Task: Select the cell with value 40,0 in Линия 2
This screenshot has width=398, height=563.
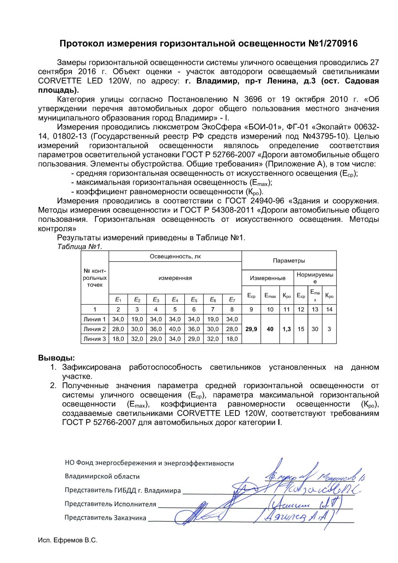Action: pos(175,329)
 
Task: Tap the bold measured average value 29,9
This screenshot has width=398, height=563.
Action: pos(251,329)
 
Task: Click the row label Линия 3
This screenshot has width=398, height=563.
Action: pos(94,339)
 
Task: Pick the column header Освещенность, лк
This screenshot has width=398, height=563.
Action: pos(175,257)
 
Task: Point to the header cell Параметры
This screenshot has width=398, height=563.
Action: pos(289,261)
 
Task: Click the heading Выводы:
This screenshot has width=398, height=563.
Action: pos(56,358)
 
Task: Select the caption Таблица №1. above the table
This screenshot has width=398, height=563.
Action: pos(80,247)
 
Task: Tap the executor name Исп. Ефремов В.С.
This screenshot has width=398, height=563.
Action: pos(68,540)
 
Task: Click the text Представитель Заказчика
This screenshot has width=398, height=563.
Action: pos(105,518)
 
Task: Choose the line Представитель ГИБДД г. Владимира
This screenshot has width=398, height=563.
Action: pos(122,490)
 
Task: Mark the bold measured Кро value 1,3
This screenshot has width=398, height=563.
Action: pos(286,329)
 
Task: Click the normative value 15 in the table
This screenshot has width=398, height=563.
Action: pos(301,329)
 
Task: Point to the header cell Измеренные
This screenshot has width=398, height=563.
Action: pos(267,278)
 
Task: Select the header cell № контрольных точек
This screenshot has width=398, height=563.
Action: pos(95,278)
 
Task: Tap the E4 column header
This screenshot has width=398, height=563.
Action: pos(175,299)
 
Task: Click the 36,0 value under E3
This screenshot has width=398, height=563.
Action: pos(156,329)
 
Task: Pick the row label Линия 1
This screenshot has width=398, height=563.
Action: pos(94,319)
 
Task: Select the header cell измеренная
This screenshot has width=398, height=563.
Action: pos(175,278)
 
